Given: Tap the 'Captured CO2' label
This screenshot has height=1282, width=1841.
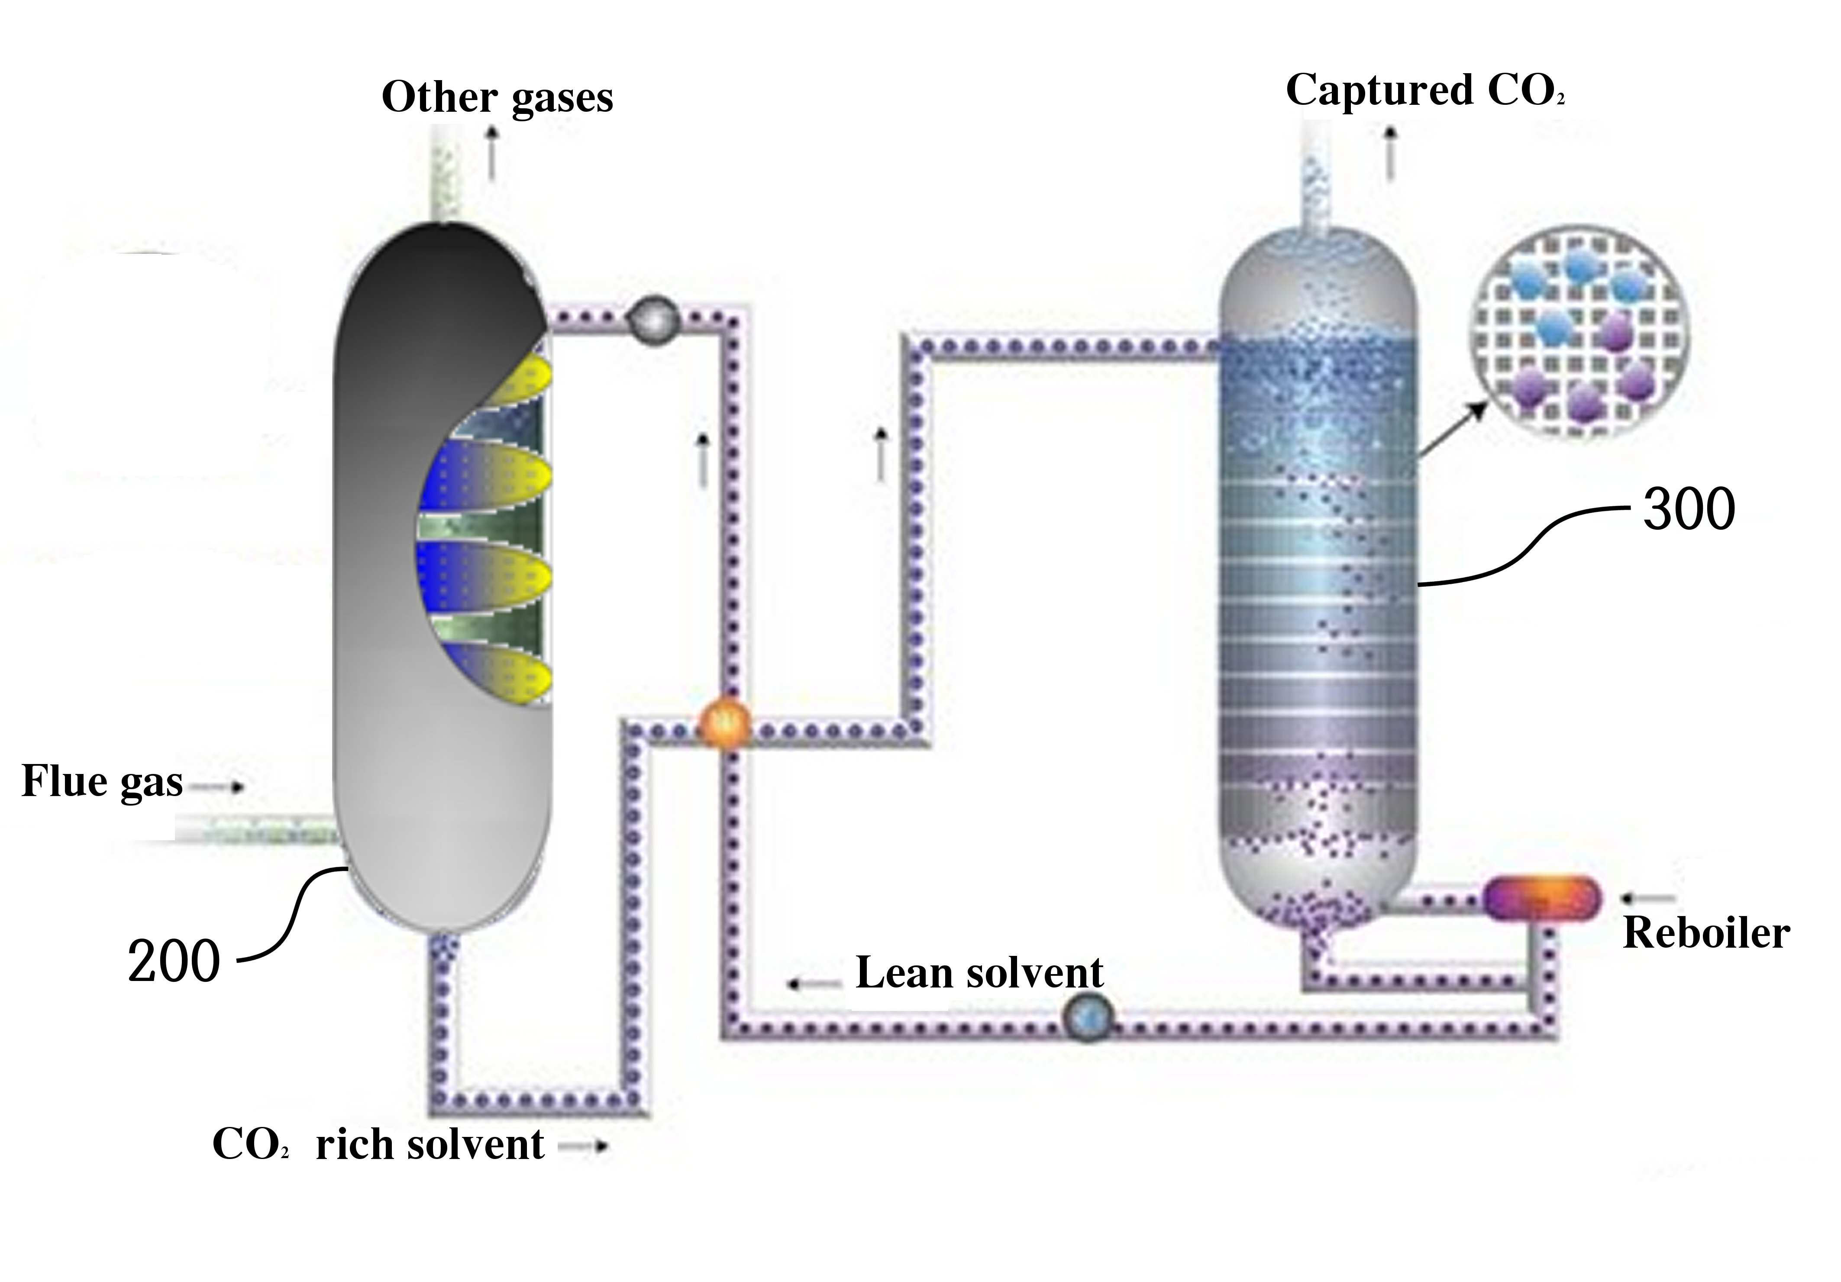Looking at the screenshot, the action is pyautogui.click(x=1425, y=91).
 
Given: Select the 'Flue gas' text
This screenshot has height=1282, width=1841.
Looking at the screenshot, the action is pyautogui.click(x=102, y=782).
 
